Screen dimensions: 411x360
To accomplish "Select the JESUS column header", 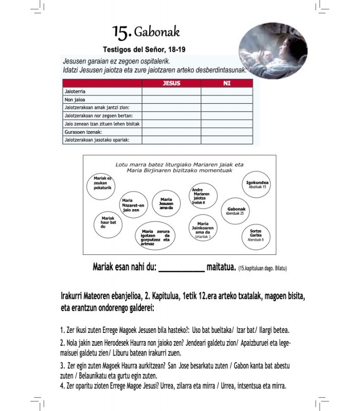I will [x=171, y=83].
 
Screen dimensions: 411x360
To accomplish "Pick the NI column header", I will [x=227, y=83].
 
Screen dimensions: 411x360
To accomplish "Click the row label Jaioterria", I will [x=74, y=91].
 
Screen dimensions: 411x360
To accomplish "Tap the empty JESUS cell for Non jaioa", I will [x=171, y=100].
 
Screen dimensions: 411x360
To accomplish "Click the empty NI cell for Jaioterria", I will [x=227, y=91].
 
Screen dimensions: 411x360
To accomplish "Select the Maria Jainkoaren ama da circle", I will [x=203, y=229].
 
